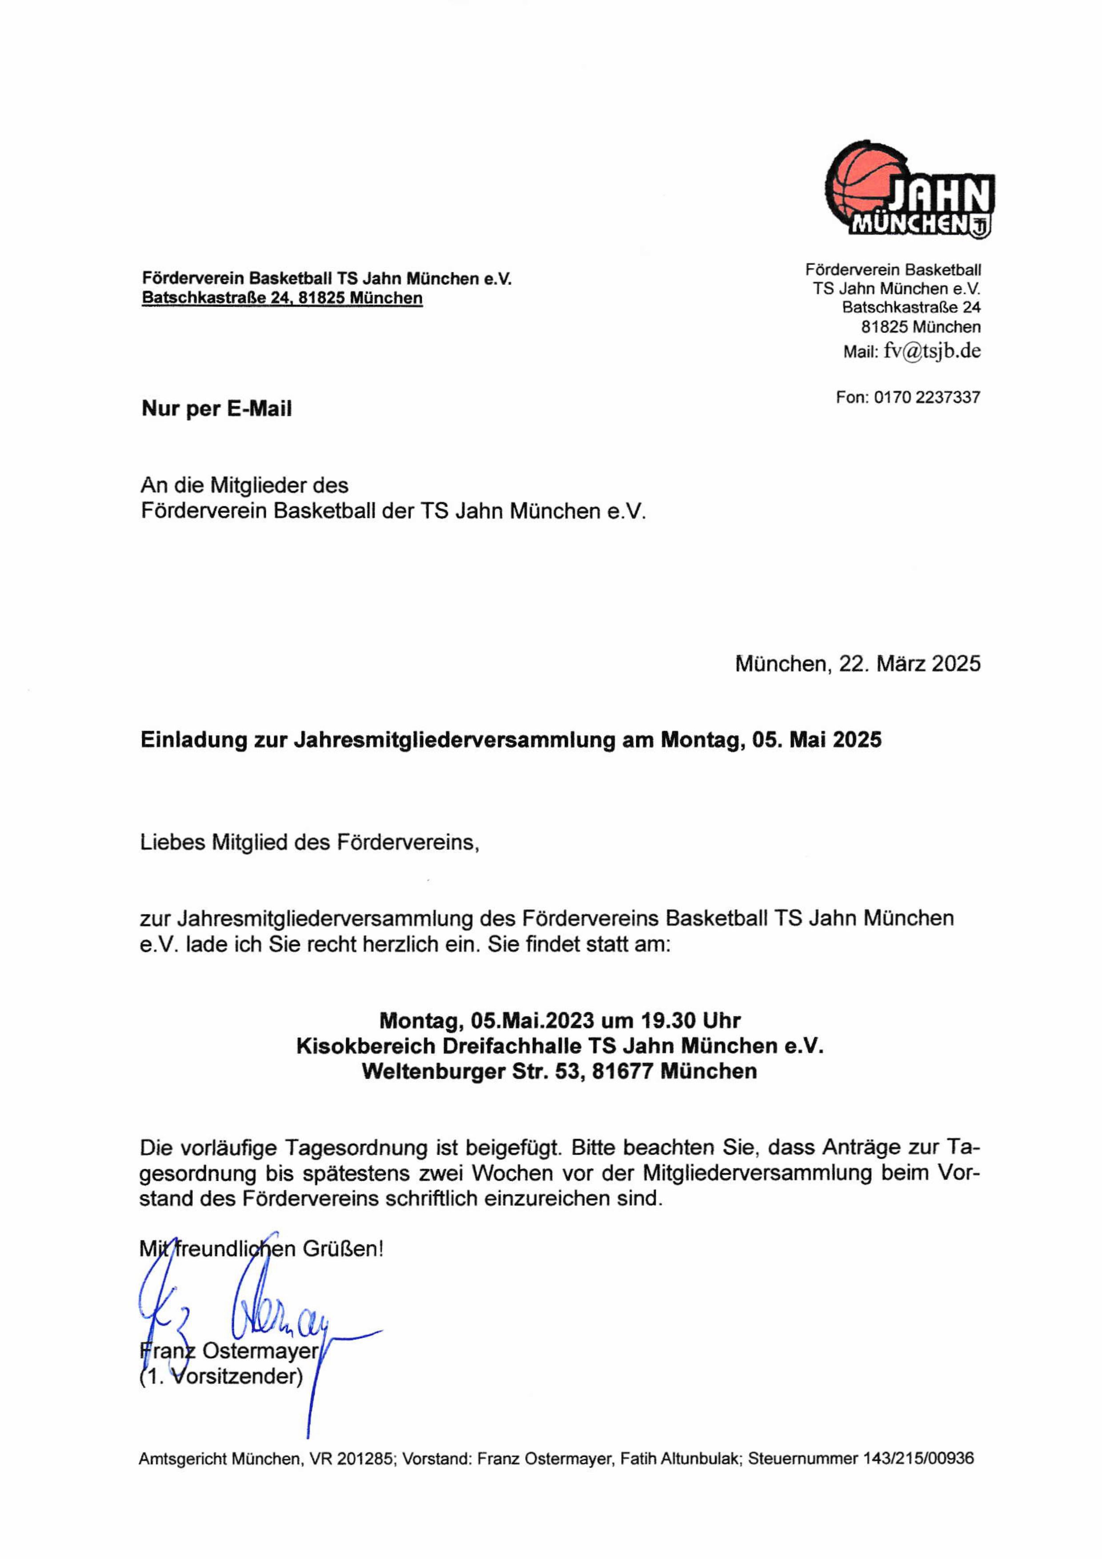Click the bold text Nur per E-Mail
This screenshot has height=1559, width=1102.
point(216,409)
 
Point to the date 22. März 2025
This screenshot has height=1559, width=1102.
point(909,664)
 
